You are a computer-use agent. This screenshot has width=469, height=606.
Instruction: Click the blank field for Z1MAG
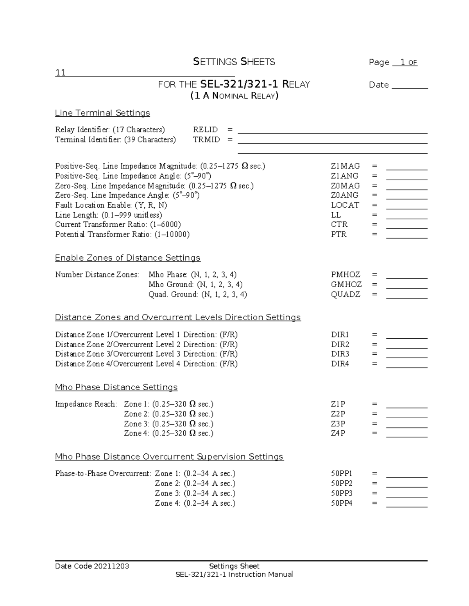406,167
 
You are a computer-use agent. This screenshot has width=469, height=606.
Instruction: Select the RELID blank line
332,130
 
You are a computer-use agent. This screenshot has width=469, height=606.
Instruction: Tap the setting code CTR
339,225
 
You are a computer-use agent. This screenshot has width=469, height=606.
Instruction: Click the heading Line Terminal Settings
102,113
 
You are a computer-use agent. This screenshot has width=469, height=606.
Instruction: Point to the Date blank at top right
410,85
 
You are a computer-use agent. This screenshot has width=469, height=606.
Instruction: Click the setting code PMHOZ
345,275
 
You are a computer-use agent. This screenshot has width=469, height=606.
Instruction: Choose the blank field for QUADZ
406,295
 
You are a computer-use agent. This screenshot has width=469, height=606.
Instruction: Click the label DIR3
340,354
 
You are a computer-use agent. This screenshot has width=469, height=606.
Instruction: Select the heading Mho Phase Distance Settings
116,387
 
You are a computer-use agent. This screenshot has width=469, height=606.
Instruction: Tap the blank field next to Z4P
406,434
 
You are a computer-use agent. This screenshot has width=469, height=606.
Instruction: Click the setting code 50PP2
342,483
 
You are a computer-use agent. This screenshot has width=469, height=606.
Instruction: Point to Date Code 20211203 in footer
92,566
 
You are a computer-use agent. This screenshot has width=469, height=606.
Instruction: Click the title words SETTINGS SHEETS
234,62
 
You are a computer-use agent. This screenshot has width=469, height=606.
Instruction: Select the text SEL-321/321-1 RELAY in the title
255,85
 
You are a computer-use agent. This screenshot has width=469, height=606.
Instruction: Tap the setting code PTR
338,235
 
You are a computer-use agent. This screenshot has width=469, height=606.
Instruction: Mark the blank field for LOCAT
406,206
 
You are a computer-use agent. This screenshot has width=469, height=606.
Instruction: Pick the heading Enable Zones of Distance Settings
127,258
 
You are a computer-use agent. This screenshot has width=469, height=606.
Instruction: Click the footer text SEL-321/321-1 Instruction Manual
234,574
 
